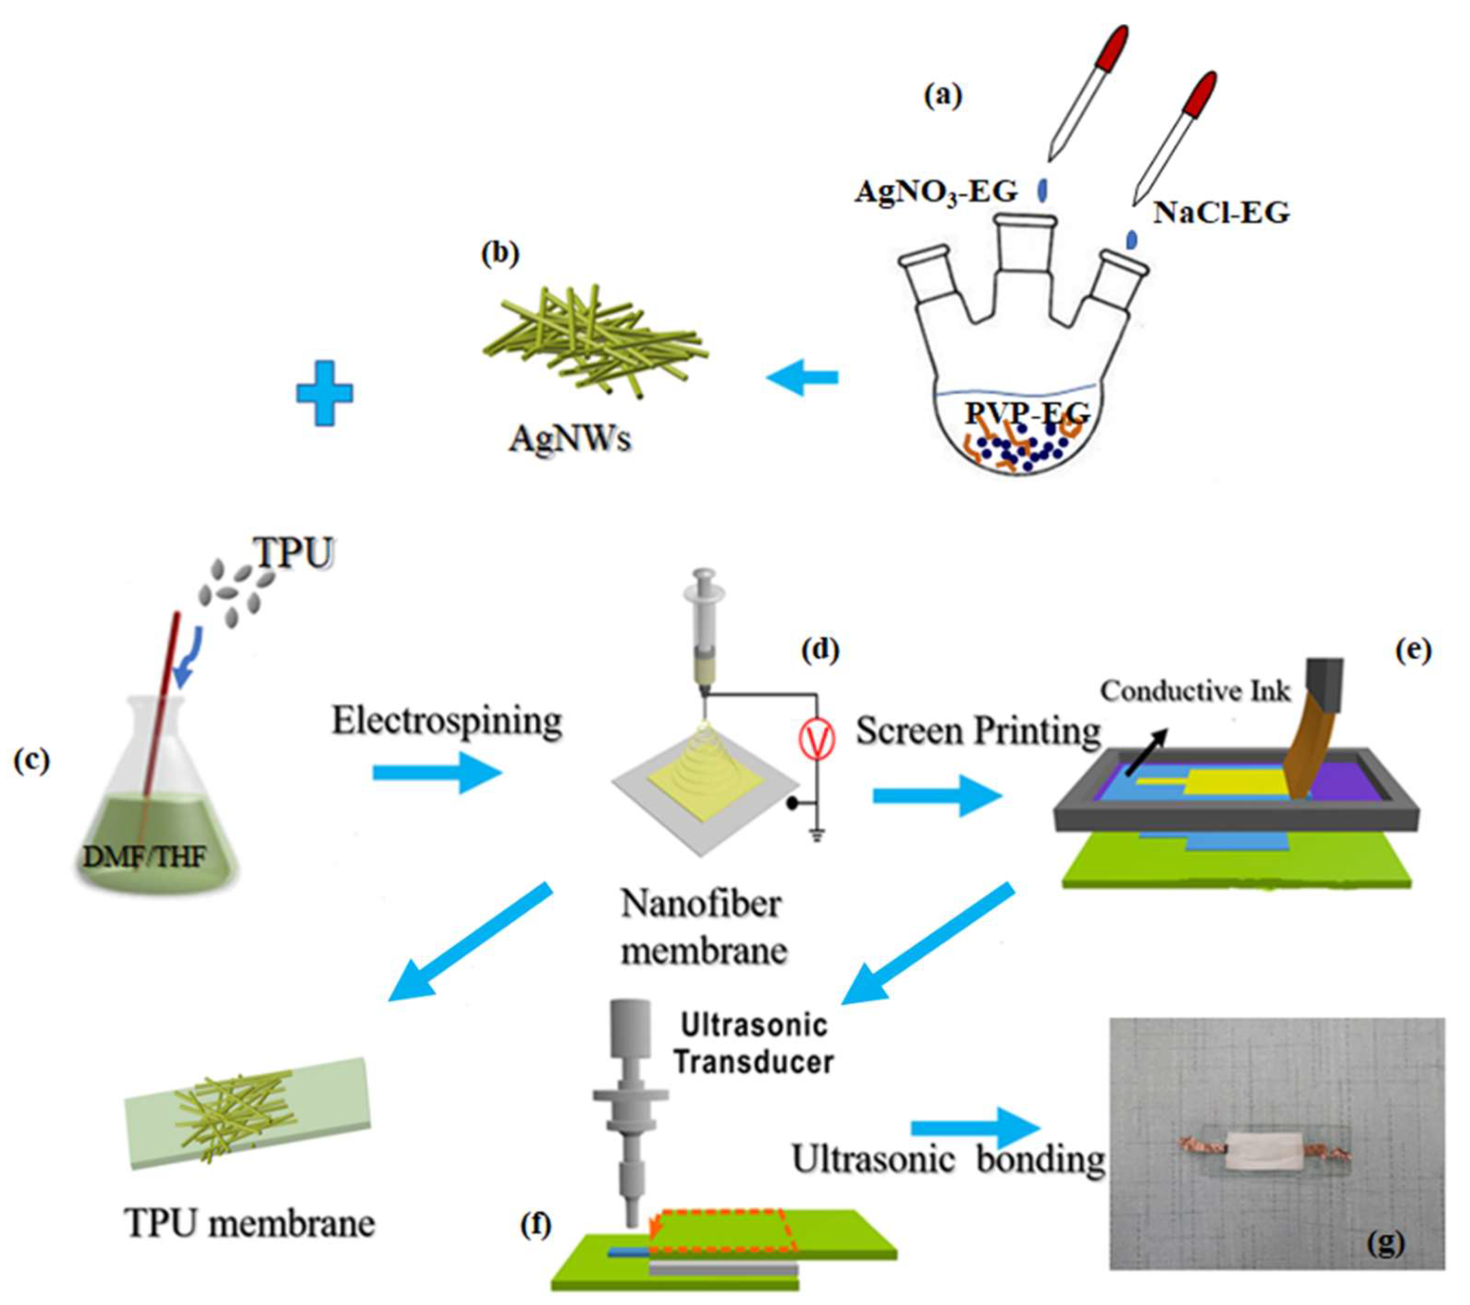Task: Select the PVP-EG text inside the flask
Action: click(1027, 414)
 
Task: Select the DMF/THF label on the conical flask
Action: click(145, 857)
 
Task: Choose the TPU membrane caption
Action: click(250, 1223)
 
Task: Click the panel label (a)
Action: click(943, 95)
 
